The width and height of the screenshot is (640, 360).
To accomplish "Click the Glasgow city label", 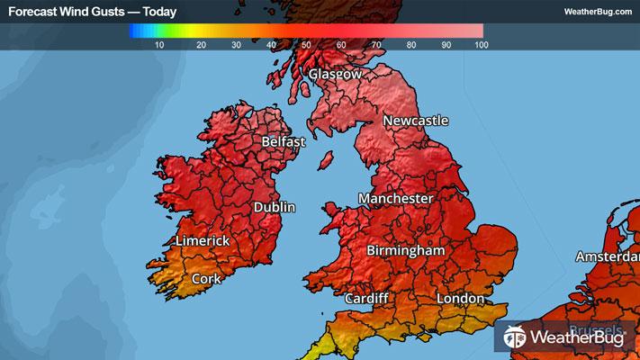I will pos(335,75).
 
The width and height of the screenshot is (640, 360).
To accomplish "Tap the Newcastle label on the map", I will pos(415,121).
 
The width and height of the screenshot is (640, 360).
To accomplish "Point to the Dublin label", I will pos(275,207).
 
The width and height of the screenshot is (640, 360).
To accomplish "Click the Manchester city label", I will pos(395,198).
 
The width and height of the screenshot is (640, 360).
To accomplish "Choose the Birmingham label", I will pos(406,251).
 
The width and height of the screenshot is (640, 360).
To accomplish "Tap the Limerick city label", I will pos(203,241).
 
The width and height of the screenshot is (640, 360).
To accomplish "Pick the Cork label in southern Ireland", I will pos(206,279).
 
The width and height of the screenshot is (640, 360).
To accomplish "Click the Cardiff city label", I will pos(366,298).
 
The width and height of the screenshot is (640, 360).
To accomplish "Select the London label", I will pos(459,298).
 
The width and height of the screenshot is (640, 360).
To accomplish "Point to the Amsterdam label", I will pos(608,257).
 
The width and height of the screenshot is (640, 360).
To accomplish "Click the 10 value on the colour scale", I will pos(159,44).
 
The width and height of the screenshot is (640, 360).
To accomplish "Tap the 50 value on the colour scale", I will pos(306,44).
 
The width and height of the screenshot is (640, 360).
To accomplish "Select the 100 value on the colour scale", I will pos(480,44).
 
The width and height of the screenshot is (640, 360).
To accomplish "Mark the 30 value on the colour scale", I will pos(235,44).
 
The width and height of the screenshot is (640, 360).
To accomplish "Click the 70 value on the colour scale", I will pos(376,44).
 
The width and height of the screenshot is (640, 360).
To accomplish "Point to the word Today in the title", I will pos(159,12).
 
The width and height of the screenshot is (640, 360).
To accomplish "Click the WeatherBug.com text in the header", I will pos(597,12).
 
